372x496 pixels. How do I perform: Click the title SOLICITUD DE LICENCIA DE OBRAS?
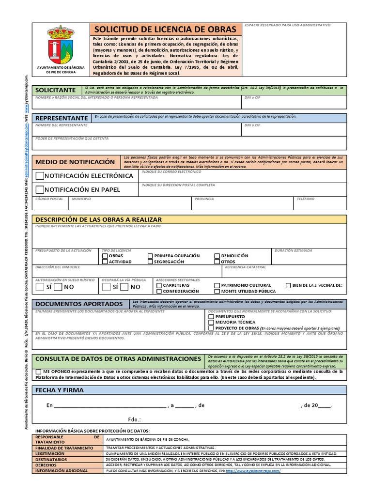[x=165, y=29]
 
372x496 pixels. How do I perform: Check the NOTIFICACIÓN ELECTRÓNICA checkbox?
[x=40, y=176]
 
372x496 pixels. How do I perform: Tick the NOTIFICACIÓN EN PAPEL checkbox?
[x=40, y=189]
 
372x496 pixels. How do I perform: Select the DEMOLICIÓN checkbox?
[x=217, y=255]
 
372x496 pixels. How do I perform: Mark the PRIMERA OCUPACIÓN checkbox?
[x=150, y=255]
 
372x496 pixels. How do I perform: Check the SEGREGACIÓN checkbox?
[x=150, y=262]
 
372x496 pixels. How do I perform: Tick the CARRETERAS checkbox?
[x=159, y=285]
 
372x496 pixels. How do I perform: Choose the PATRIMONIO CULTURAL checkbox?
[x=217, y=285]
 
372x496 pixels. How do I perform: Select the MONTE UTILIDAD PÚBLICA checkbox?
[x=217, y=291]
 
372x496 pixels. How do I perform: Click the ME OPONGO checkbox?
[x=39, y=372]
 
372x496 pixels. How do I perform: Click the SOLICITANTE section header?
[x=56, y=90]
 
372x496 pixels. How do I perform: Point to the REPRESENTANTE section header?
[x=62, y=118]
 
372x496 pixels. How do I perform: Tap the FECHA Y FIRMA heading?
[x=60, y=390]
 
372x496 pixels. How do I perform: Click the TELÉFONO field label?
[x=305, y=199]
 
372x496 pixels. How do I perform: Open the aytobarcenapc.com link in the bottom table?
[x=252, y=471]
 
